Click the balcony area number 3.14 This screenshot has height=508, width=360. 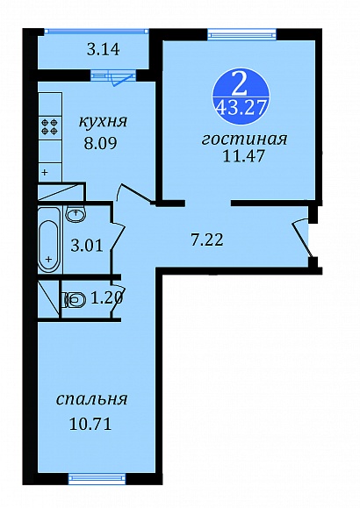pyautogui.click(x=104, y=50)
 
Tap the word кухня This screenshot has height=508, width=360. pyautogui.click(x=103, y=121)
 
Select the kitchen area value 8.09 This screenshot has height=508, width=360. pyautogui.click(x=100, y=143)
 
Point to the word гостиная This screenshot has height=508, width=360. pyautogui.click(x=245, y=140)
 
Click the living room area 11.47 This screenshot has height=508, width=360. pyautogui.click(x=243, y=156)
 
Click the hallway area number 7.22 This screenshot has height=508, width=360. pyautogui.click(x=207, y=240)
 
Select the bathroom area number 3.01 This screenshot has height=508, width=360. pyautogui.click(x=87, y=246)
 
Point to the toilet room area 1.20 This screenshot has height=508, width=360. pyautogui.click(x=107, y=297)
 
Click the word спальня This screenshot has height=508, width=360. pyautogui.click(x=92, y=399)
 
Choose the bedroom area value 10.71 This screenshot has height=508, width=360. pyautogui.click(x=90, y=424)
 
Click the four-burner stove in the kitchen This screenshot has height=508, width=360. pyautogui.click(x=50, y=126)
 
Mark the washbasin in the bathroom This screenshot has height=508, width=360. pyautogui.click(x=76, y=213)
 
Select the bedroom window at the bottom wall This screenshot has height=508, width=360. pyautogui.click(x=97, y=477)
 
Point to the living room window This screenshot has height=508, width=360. pyautogui.click(x=242, y=33)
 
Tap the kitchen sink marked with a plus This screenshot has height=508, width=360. pyautogui.click(x=50, y=172)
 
